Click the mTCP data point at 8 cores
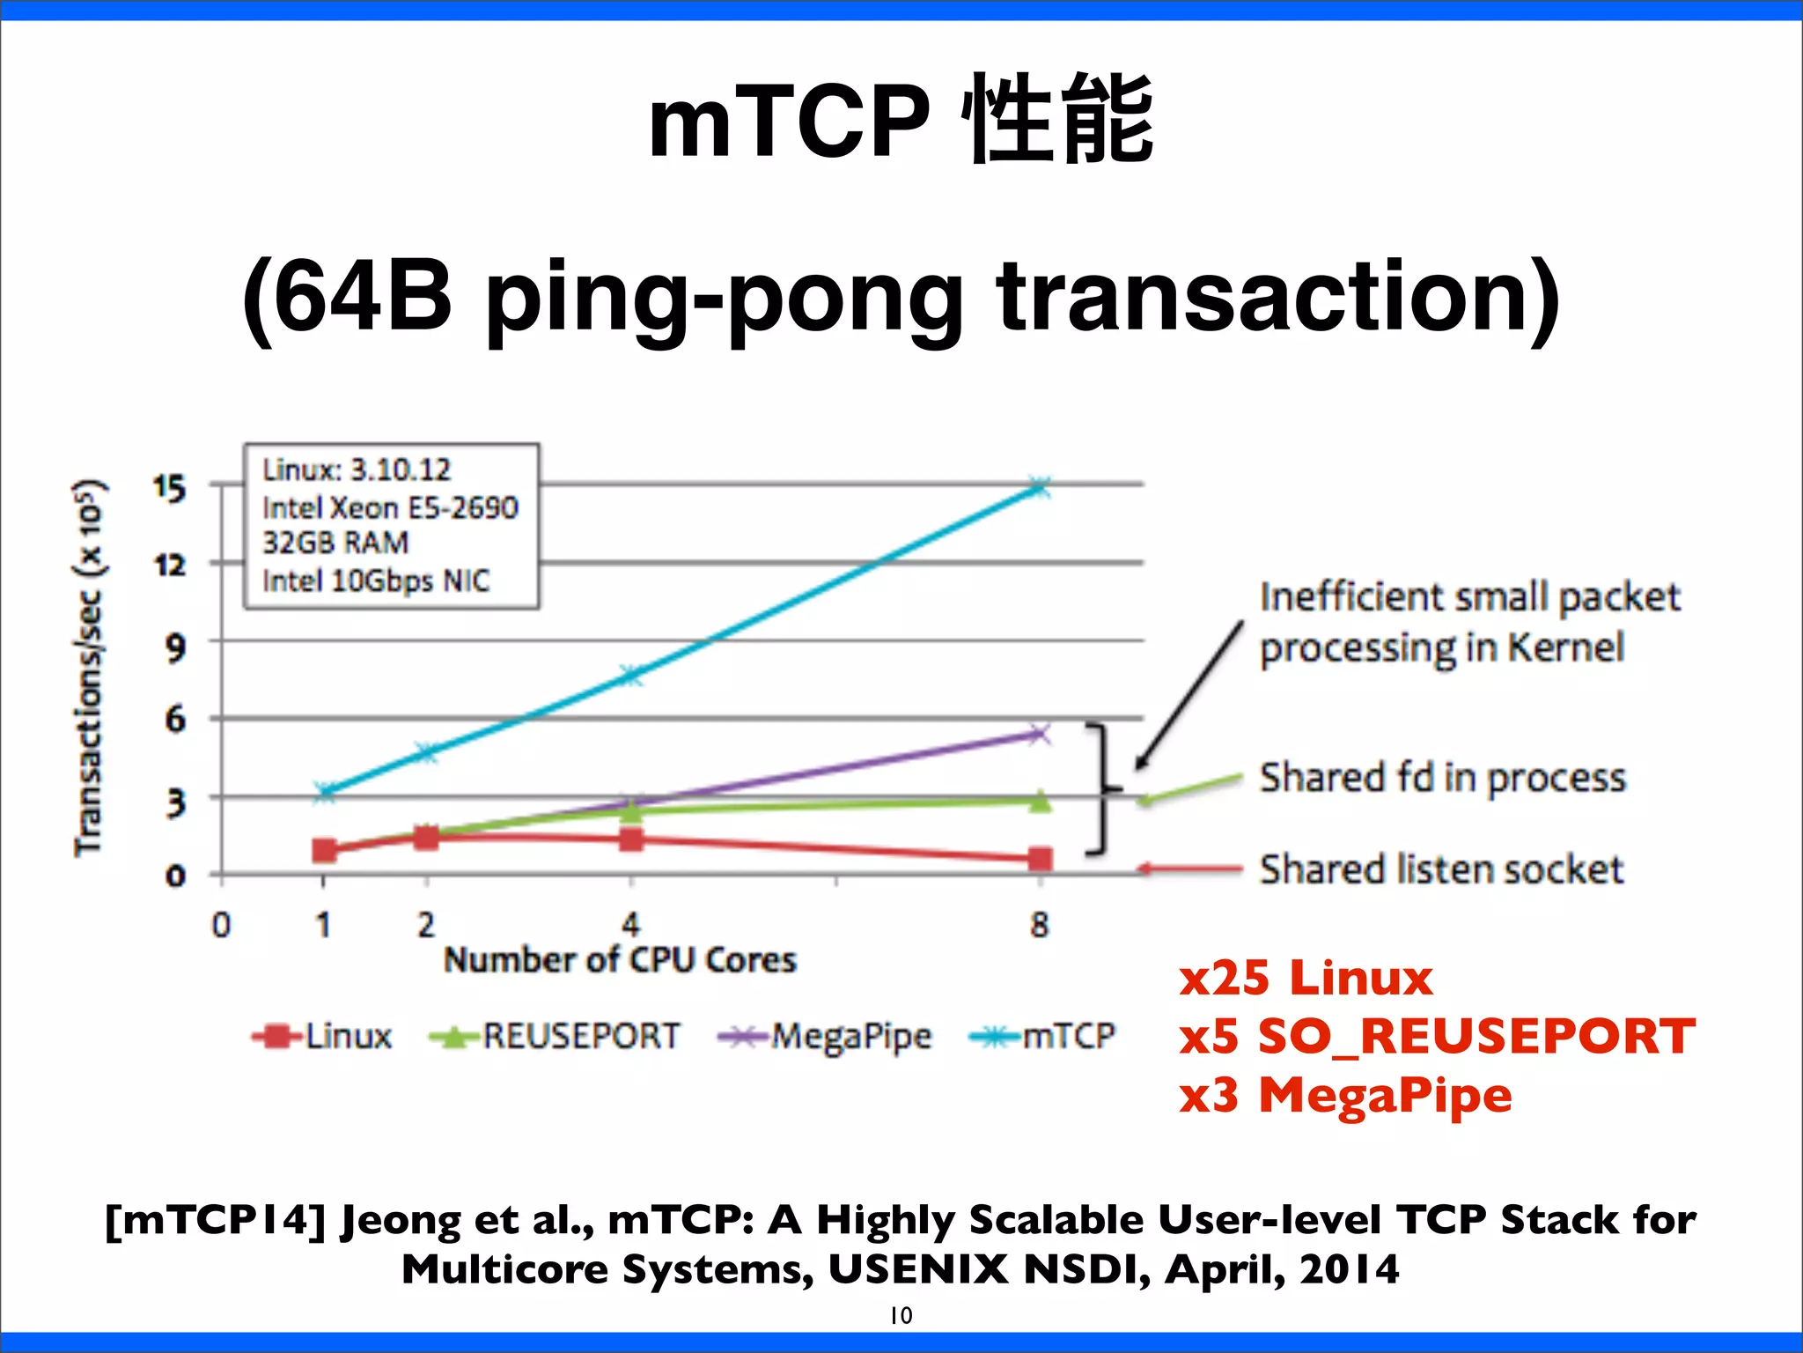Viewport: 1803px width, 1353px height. click(x=1040, y=487)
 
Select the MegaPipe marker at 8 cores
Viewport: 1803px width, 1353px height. click(x=1040, y=733)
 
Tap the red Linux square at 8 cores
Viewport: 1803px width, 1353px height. click(x=1040, y=859)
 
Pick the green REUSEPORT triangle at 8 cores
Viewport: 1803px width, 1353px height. click(x=1040, y=801)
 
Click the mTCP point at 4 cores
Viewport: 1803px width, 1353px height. click(x=631, y=676)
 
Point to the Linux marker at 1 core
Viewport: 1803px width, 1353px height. click(x=324, y=850)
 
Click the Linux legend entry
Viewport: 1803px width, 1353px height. click(x=322, y=1036)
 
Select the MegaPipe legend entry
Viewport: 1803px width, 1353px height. click(x=825, y=1037)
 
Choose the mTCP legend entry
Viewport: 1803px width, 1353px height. click(x=1042, y=1036)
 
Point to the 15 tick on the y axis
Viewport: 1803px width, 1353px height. click(x=169, y=487)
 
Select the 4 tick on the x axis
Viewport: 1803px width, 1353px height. click(x=631, y=925)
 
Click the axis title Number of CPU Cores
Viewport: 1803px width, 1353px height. click(x=620, y=960)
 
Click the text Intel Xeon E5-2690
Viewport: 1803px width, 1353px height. click(x=390, y=508)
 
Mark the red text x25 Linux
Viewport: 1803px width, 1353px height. click(x=1306, y=979)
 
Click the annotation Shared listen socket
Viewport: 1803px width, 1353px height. click(x=1441, y=869)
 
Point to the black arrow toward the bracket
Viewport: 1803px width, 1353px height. click(x=1189, y=696)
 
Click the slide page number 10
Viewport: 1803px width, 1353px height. click(x=901, y=1315)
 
